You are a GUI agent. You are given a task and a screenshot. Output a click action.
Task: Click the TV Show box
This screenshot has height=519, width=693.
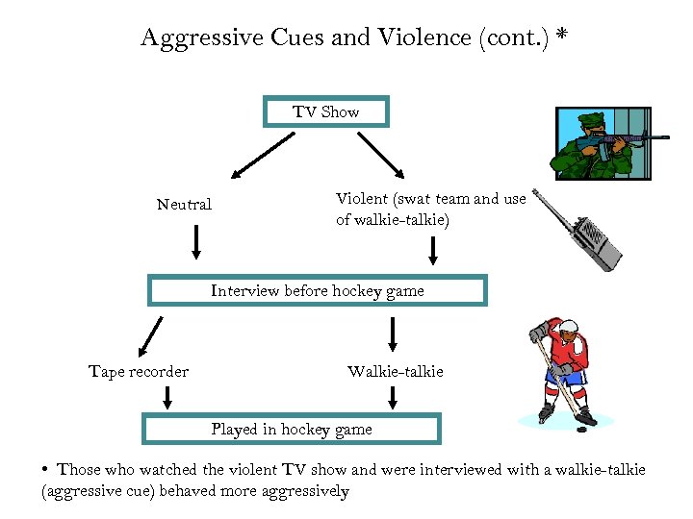[x=326, y=111]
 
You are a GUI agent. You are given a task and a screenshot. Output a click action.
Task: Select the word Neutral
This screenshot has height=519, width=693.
[x=184, y=205]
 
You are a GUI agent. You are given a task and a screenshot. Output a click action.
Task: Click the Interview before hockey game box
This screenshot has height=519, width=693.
[x=318, y=290]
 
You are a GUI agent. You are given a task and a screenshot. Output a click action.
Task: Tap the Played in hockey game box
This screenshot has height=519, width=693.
[x=292, y=429]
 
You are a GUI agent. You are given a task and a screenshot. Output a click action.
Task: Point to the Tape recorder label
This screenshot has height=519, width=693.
[x=139, y=372]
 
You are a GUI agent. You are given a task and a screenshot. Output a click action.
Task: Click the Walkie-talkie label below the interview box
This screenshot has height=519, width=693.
[x=395, y=372]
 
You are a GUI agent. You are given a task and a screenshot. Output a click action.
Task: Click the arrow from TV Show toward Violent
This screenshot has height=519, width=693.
[x=382, y=154]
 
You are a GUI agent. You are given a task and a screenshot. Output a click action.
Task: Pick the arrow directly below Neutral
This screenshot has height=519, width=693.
[x=196, y=241]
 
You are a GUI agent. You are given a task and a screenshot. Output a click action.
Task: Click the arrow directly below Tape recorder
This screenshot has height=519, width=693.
[x=168, y=395]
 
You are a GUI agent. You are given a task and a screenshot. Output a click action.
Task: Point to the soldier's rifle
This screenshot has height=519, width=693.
[x=621, y=140]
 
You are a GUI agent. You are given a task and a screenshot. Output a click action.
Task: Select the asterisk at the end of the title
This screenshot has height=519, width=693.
[x=561, y=37]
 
